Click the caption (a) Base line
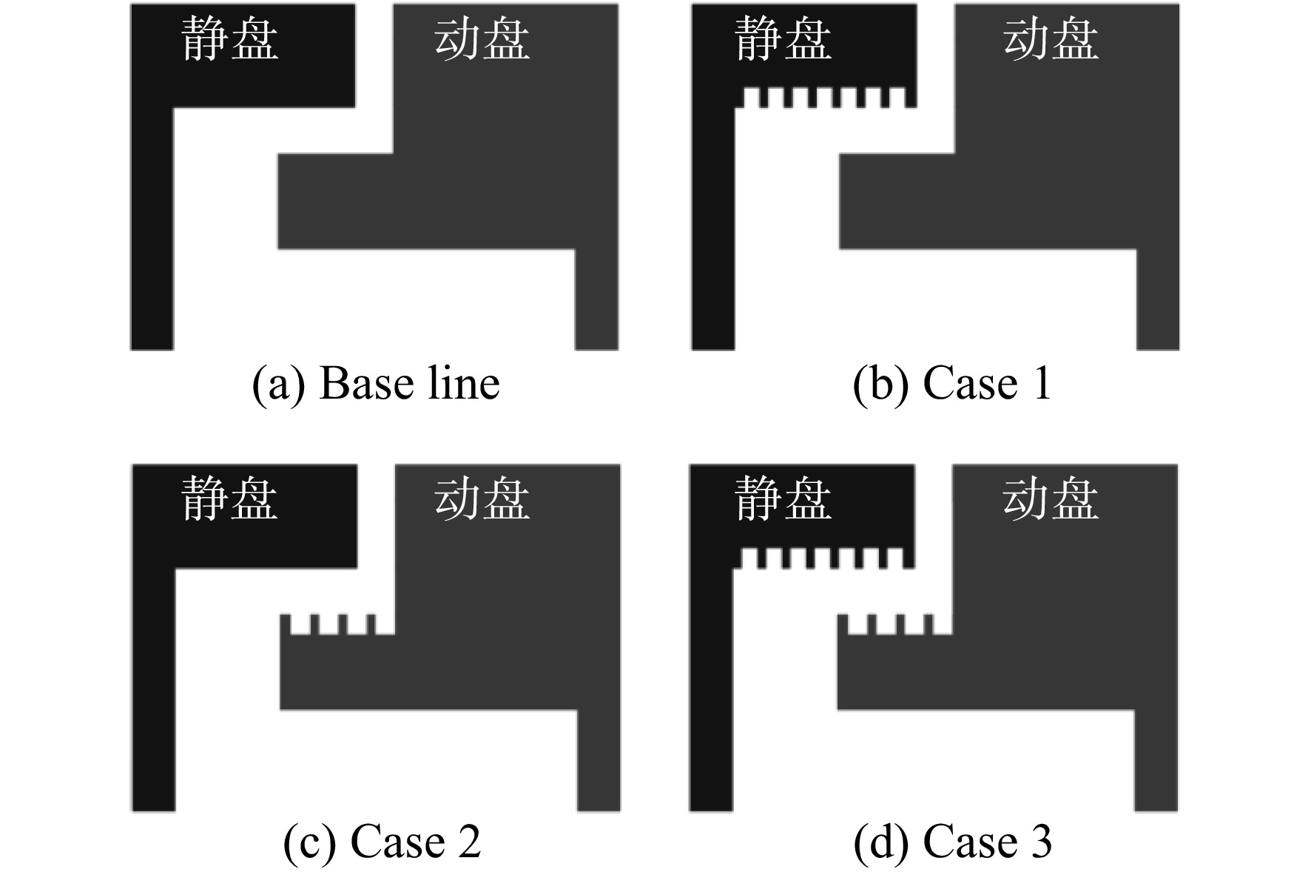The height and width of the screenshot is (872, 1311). (376, 384)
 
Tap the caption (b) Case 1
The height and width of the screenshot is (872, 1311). (952, 384)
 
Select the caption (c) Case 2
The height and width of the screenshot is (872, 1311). (382, 842)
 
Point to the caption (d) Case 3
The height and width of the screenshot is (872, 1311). (952, 842)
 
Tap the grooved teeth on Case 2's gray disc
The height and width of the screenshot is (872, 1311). (337, 624)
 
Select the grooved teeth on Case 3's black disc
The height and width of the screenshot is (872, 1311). (823, 558)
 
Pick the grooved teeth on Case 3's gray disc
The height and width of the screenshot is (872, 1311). (894, 624)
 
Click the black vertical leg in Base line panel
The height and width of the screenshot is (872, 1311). (152, 229)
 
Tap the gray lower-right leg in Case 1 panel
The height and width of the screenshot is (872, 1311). (1158, 300)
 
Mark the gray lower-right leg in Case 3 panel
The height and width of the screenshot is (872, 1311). (1156, 760)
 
